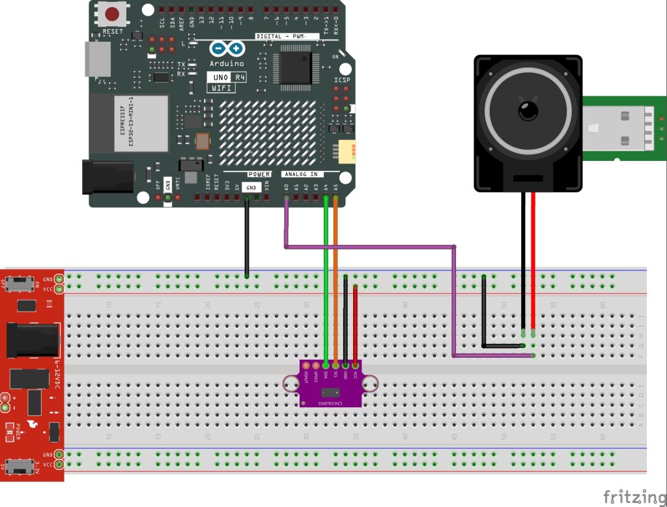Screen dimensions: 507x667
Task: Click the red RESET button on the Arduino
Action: [x=112, y=13]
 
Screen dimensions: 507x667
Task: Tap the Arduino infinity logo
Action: [x=227, y=49]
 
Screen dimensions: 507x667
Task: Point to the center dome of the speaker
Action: [x=526, y=110]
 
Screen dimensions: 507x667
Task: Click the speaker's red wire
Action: [x=533, y=261]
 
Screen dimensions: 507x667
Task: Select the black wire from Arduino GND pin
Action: [x=247, y=235]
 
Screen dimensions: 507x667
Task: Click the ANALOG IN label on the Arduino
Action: [x=300, y=175]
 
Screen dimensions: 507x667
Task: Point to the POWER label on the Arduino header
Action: [x=259, y=175]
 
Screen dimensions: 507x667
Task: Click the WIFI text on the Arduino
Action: [x=221, y=89]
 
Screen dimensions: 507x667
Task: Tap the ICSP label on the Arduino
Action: [x=342, y=80]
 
